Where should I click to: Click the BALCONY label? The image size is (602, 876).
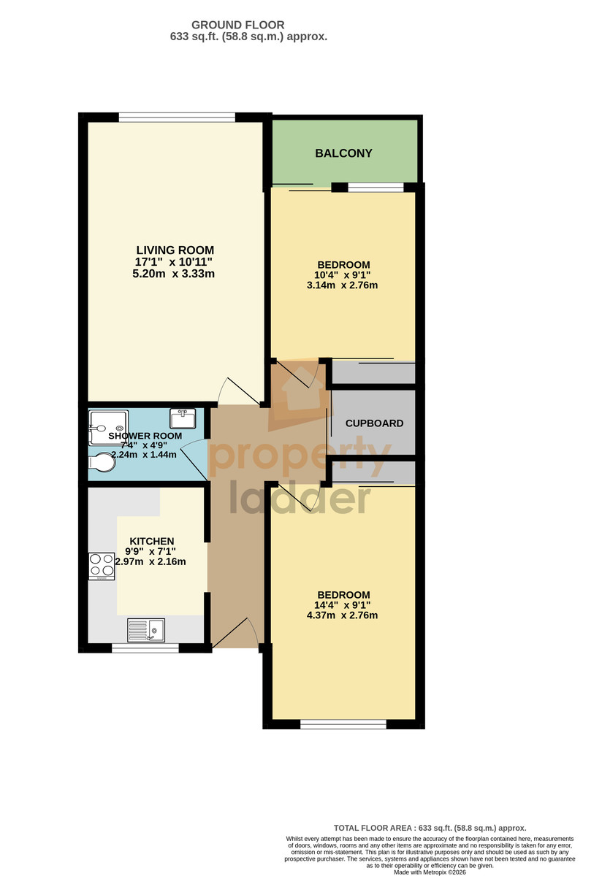(343, 153)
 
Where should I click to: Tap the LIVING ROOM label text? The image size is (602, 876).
(175, 250)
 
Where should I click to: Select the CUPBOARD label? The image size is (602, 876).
(374, 423)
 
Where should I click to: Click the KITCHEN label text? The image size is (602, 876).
(152, 541)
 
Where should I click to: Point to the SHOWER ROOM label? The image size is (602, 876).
(145, 436)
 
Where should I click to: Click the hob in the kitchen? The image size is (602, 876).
(102, 566)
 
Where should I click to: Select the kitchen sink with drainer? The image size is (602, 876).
(146, 630)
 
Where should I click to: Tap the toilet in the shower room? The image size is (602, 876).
(102, 463)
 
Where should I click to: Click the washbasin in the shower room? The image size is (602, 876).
(183, 418)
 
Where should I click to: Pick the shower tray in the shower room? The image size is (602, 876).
(108, 428)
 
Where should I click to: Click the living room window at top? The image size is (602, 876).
(177, 117)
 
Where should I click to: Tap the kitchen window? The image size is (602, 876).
(145, 648)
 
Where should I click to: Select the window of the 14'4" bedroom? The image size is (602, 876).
(343, 724)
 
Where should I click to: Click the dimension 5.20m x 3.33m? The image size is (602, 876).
(173, 273)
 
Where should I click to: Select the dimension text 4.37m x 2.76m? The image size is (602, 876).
(342, 615)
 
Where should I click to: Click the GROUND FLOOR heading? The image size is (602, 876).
(238, 25)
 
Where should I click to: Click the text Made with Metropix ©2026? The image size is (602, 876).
(430, 872)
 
